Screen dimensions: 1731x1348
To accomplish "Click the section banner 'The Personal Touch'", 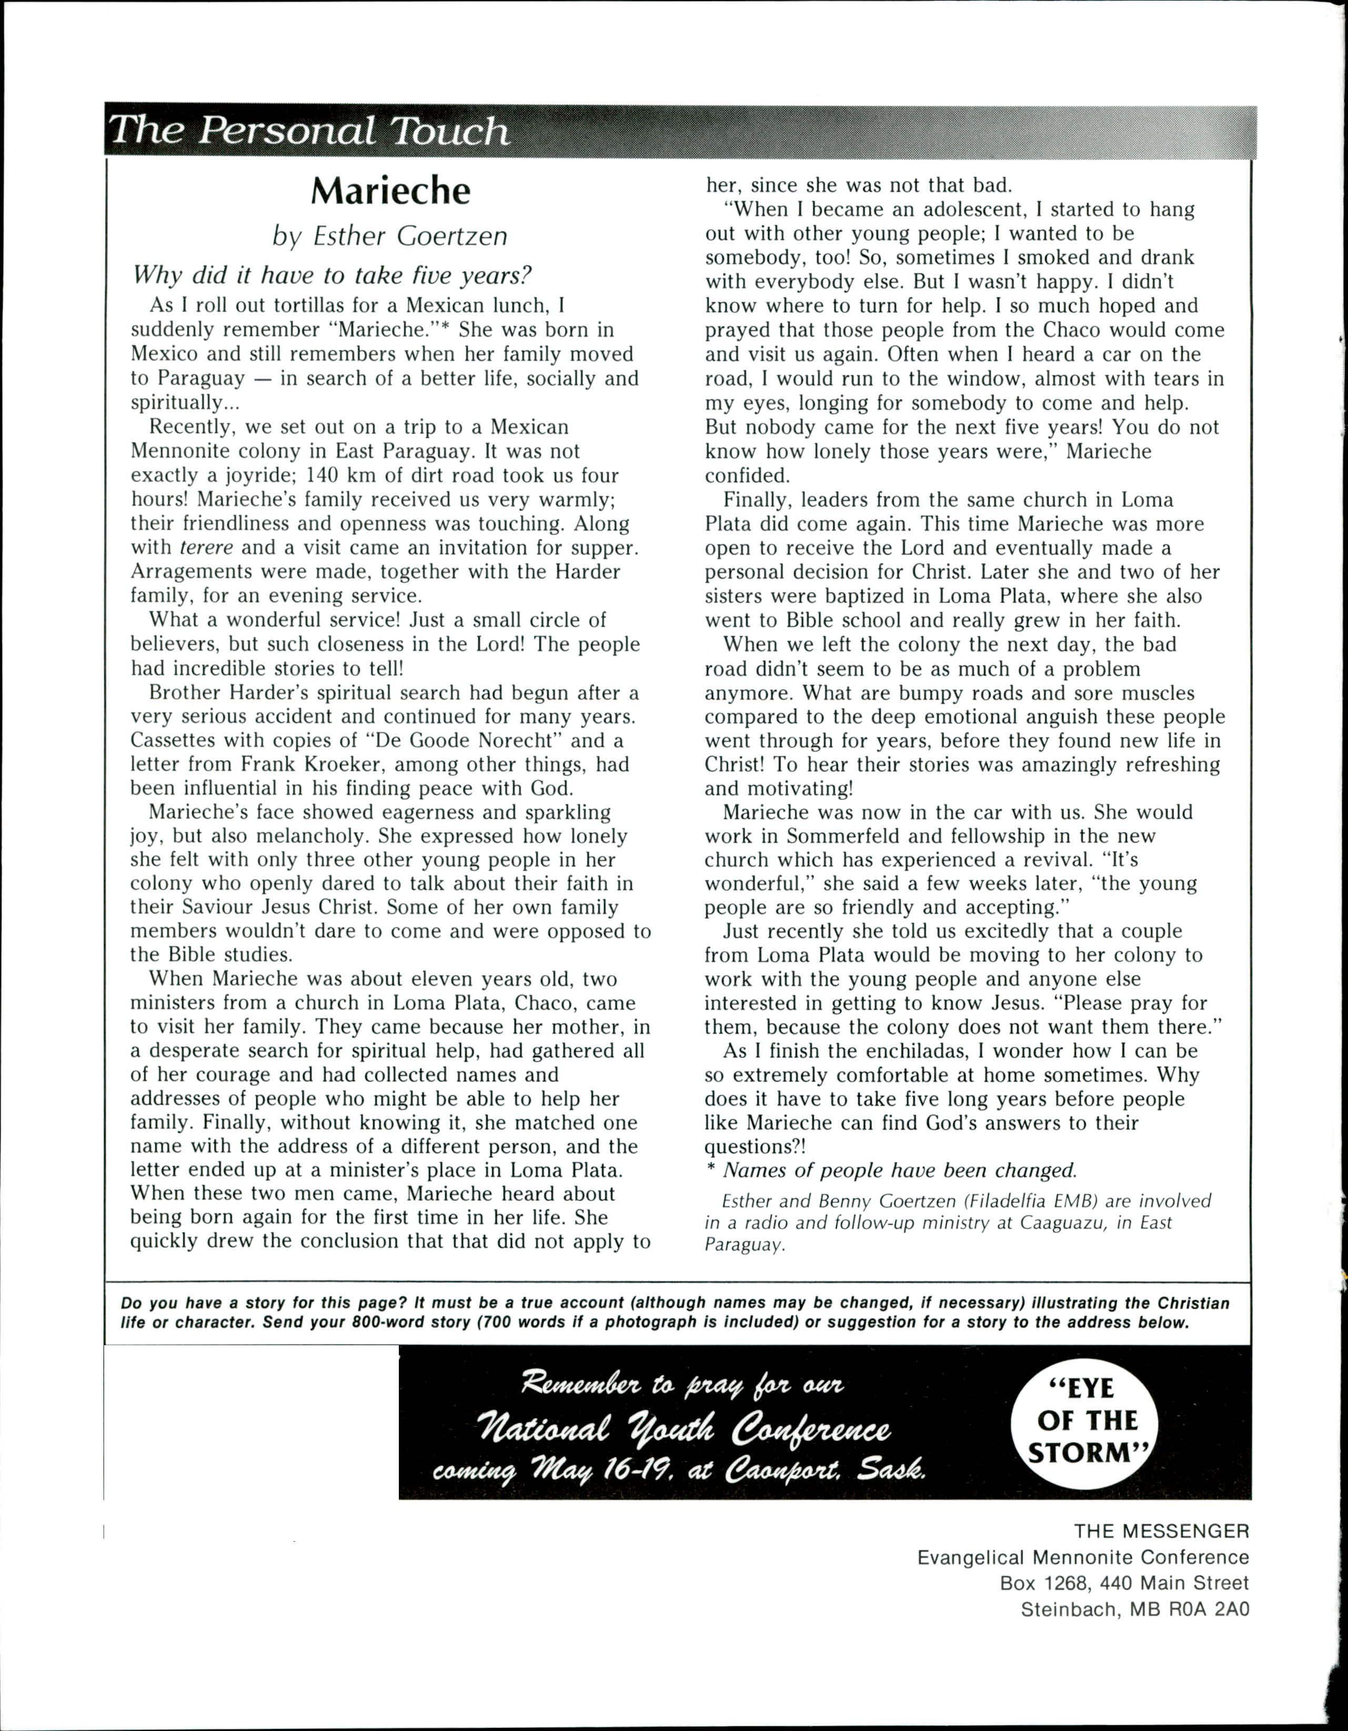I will click(x=309, y=131).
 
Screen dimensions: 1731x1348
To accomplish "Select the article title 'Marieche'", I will click(x=391, y=191).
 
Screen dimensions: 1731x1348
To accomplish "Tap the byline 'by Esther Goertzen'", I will click(x=390, y=236).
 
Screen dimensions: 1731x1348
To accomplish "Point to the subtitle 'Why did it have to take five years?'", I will click(x=331, y=275).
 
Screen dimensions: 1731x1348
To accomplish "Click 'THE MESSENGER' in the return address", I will click(x=1162, y=1530).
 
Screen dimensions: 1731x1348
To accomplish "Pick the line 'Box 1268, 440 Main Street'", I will click(x=1124, y=1583).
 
